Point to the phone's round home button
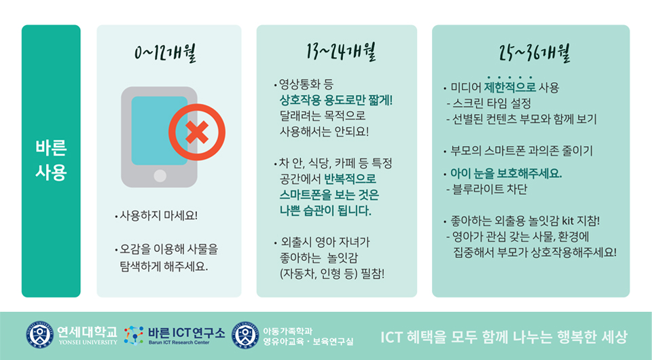[x=160, y=176]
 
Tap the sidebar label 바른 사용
[x=51, y=161]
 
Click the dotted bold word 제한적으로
[x=510, y=88]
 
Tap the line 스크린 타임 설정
[x=491, y=103]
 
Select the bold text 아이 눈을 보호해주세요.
[x=506, y=173]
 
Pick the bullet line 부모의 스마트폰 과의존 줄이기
[x=522, y=151]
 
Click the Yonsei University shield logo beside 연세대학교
[x=39, y=335]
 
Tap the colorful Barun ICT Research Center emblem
[x=134, y=335]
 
